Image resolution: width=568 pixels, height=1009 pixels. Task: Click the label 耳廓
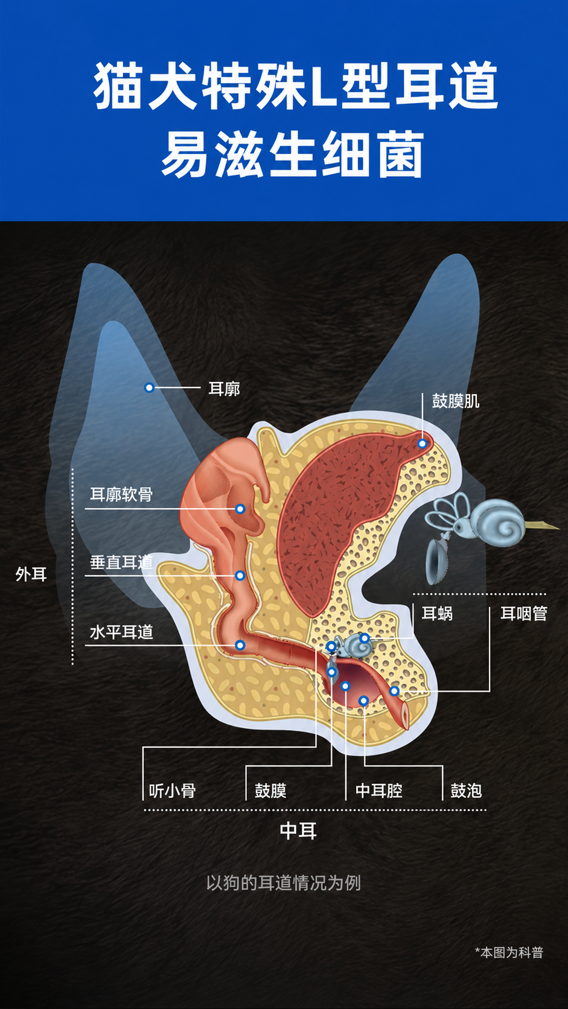[x=224, y=388]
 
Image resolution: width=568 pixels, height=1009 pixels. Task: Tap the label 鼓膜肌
[x=456, y=401]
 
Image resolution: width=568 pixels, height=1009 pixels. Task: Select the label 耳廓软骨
[x=121, y=494]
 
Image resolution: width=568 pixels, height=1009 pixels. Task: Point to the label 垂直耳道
[x=121, y=562]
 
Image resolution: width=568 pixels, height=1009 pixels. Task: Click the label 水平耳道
[x=121, y=632]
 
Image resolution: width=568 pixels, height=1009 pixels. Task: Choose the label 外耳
[x=31, y=575]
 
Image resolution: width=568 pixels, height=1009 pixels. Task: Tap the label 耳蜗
[x=437, y=613]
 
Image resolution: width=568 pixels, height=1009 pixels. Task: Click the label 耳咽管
[x=524, y=613]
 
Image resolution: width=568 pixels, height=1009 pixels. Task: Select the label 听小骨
[x=172, y=791]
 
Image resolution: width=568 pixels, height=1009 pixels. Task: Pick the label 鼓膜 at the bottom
[x=270, y=791]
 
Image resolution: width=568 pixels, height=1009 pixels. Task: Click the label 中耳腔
[x=379, y=791]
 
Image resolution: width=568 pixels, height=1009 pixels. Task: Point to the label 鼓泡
[x=466, y=791]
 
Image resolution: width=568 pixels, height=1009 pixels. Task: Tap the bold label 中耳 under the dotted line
[x=298, y=830]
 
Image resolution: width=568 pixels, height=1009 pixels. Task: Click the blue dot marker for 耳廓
[x=149, y=387]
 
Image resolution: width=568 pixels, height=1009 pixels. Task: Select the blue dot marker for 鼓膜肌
[x=422, y=444]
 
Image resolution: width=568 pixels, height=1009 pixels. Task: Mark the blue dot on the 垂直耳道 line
[x=240, y=575]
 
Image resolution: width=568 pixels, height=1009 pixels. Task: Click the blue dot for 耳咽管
[x=394, y=691]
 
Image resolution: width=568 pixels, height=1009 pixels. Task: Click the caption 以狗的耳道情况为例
[x=284, y=883]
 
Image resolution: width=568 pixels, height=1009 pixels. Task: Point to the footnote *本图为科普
[x=509, y=952]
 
